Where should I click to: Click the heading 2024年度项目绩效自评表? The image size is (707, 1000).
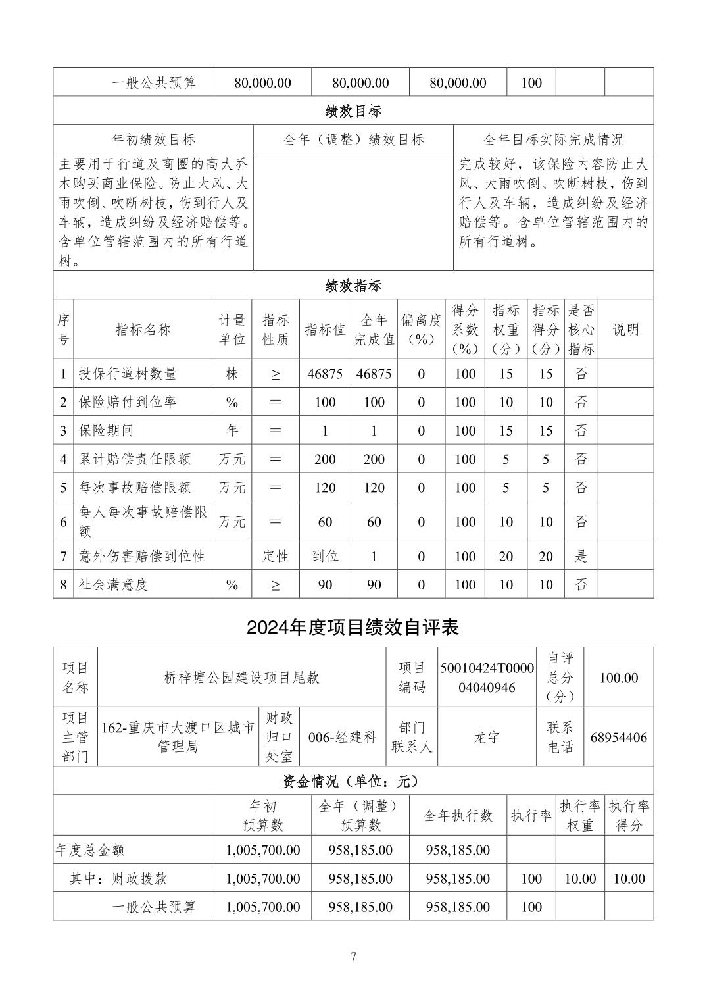pyautogui.click(x=353, y=627)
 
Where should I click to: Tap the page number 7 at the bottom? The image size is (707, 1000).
pyautogui.click(x=353, y=956)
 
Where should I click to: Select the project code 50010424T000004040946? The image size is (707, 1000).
pyautogui.click(x=487, y=678)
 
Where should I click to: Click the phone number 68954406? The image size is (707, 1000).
pyautogui.click(x=618, y=737)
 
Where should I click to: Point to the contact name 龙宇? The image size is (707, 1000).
pyautogui.click(x=487, y=737)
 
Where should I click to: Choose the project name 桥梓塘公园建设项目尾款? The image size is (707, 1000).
pyautogui.click(x=241, y=678)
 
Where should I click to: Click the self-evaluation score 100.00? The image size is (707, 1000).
pyautogui.click(x=618, y=678)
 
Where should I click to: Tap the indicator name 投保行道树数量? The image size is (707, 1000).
pyautogui.click(x=128, y=374)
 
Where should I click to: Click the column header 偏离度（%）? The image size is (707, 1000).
pyautogui.click(x=422, y=330)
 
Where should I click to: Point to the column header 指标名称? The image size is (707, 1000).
pyautogui.click(x=143, y=330)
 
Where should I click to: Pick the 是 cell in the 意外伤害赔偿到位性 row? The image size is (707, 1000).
pyautogui.click(x=581, y=556)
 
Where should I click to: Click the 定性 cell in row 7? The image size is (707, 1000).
pyautogui.click(x=276, y=556)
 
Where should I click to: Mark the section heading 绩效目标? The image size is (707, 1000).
pyautogui.click(x=353, y=111)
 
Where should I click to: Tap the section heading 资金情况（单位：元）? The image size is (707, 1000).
pyautogui.click(x=353, y=781)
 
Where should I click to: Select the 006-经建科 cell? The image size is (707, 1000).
pyautogui.click(x=342, y=737)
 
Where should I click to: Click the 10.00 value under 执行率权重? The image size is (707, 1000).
pyautogui.click(x=580, y=878)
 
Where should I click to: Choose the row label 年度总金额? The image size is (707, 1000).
pyautogui.click(x=90, y=850)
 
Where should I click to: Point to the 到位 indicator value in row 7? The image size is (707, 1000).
pyautogui.click(x=325, y=556)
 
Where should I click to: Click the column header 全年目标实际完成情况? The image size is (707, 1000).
pyautogui.click(x=553, y=139)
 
